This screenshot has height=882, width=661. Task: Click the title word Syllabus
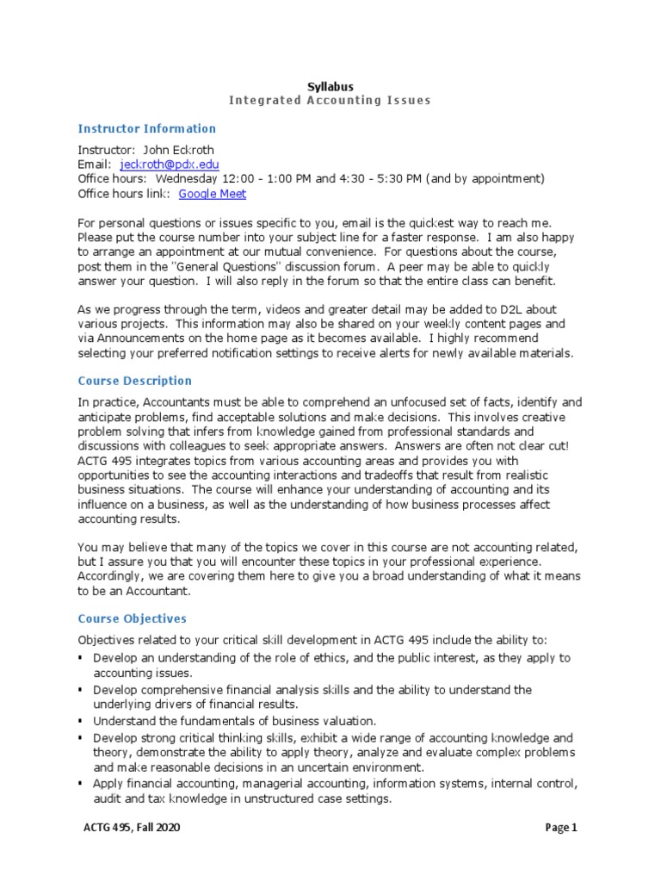pyautogui.click(x=330, y=86)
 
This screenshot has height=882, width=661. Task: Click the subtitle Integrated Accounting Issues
pyautogui.click(x=330, y=101)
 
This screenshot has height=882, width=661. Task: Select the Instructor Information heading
pyautogui.click(x=146, y=129)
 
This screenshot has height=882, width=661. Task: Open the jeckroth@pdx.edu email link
pyautogui.click(x=170, y=165)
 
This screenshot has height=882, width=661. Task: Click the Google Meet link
pyautogui.click(x=213, y=194)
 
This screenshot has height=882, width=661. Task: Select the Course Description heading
pyautogui.click(x=134, y=381)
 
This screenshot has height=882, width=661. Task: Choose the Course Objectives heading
pyautogui.click(x=132, y=619)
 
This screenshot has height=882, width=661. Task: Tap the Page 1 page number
pyautogui.click(x=561, y=829)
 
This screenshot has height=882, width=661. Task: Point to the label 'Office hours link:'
pyautogui.click(x=125, y=194)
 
